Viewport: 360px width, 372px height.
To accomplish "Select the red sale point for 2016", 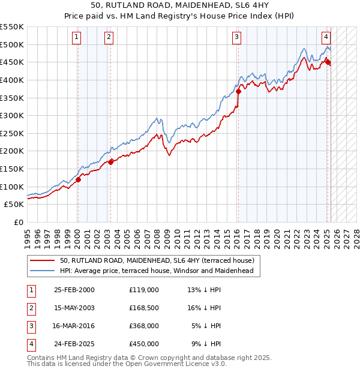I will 238,92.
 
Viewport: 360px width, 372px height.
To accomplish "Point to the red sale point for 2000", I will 78,179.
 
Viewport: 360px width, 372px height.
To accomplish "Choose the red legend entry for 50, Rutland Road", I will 157,260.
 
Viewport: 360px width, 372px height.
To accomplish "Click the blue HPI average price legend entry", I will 157,271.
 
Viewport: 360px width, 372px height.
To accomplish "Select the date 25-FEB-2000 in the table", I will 74,290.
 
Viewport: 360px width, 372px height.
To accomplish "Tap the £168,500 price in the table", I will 144,308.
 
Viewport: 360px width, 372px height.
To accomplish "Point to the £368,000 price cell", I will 144,326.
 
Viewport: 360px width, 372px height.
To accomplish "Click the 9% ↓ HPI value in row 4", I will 206,344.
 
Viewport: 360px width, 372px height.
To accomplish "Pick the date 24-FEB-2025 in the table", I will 74,344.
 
